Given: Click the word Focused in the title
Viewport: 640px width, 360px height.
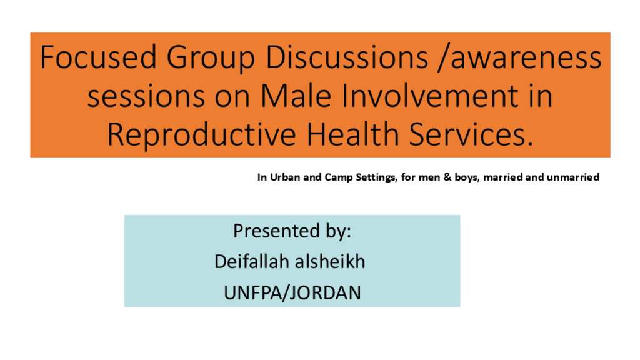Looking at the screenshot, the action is pyautogui.click(x=98, y=57).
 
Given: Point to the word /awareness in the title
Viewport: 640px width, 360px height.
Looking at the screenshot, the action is pyautogui.click(x=519, y=57).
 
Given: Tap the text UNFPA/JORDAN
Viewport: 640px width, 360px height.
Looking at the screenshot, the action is pyautogui.click(x=292, y=292).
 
